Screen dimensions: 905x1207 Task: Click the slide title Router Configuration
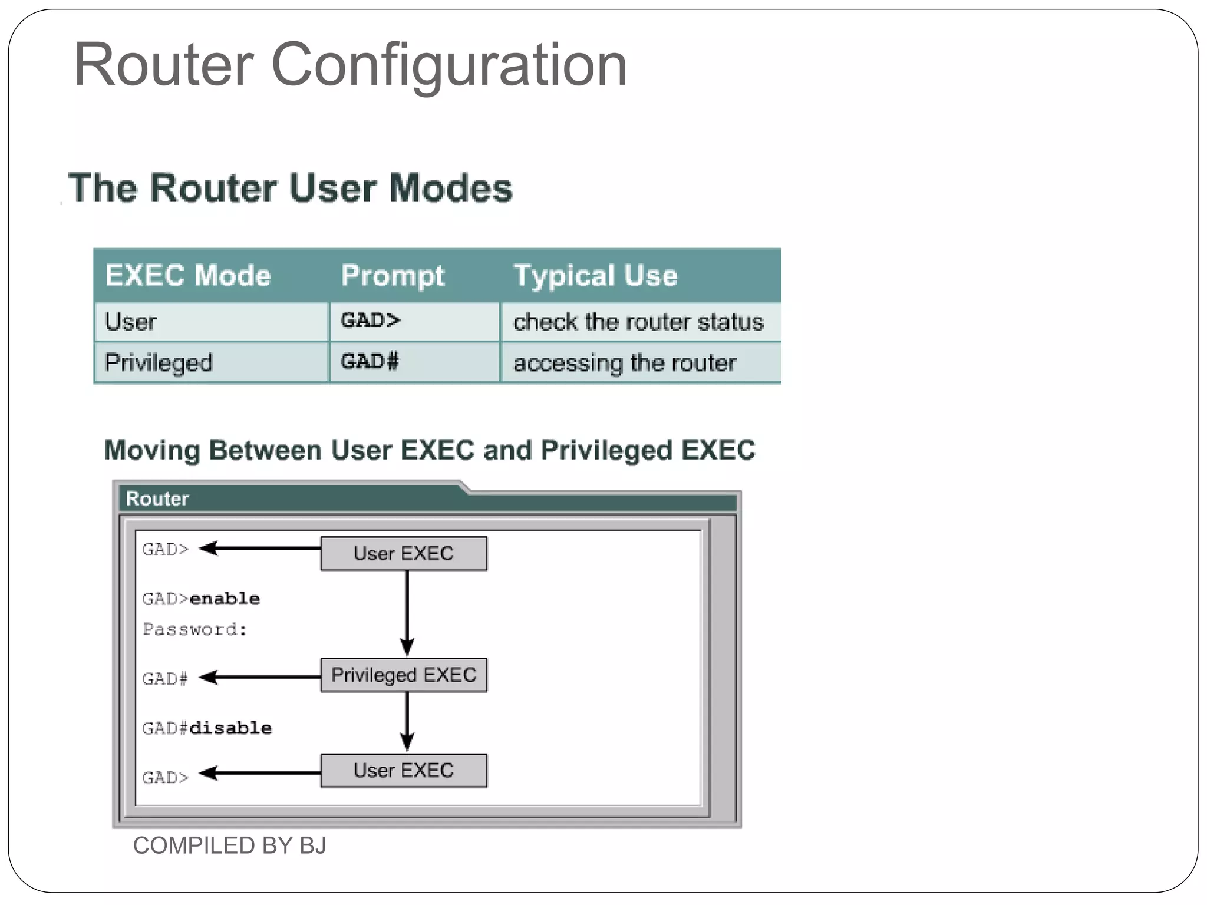point(350,65)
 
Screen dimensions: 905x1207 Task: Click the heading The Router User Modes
point(290,188)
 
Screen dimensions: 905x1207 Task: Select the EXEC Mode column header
point(187,275)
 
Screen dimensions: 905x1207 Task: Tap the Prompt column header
point(393,275)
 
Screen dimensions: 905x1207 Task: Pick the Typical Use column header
point(595,275)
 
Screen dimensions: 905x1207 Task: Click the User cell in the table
point(131,322)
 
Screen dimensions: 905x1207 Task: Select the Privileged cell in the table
point(158,362)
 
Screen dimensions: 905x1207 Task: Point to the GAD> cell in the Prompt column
point(370,321)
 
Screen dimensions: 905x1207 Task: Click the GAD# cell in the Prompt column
point(370,361)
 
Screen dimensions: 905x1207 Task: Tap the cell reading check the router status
point(638,322)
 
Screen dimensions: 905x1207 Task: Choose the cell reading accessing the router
point(624,363)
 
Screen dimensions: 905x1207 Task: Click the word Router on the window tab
point(157,498)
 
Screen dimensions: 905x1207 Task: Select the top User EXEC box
point(404,553)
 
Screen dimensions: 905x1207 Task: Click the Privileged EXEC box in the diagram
point(404,675)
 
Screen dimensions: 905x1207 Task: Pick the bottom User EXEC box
point(404,770)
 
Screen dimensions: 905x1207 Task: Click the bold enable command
point(225,599)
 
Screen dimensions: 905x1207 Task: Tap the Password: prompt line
point(194,629)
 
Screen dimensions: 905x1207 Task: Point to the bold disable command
point(230,728)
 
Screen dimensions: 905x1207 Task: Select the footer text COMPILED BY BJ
point(229,845)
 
